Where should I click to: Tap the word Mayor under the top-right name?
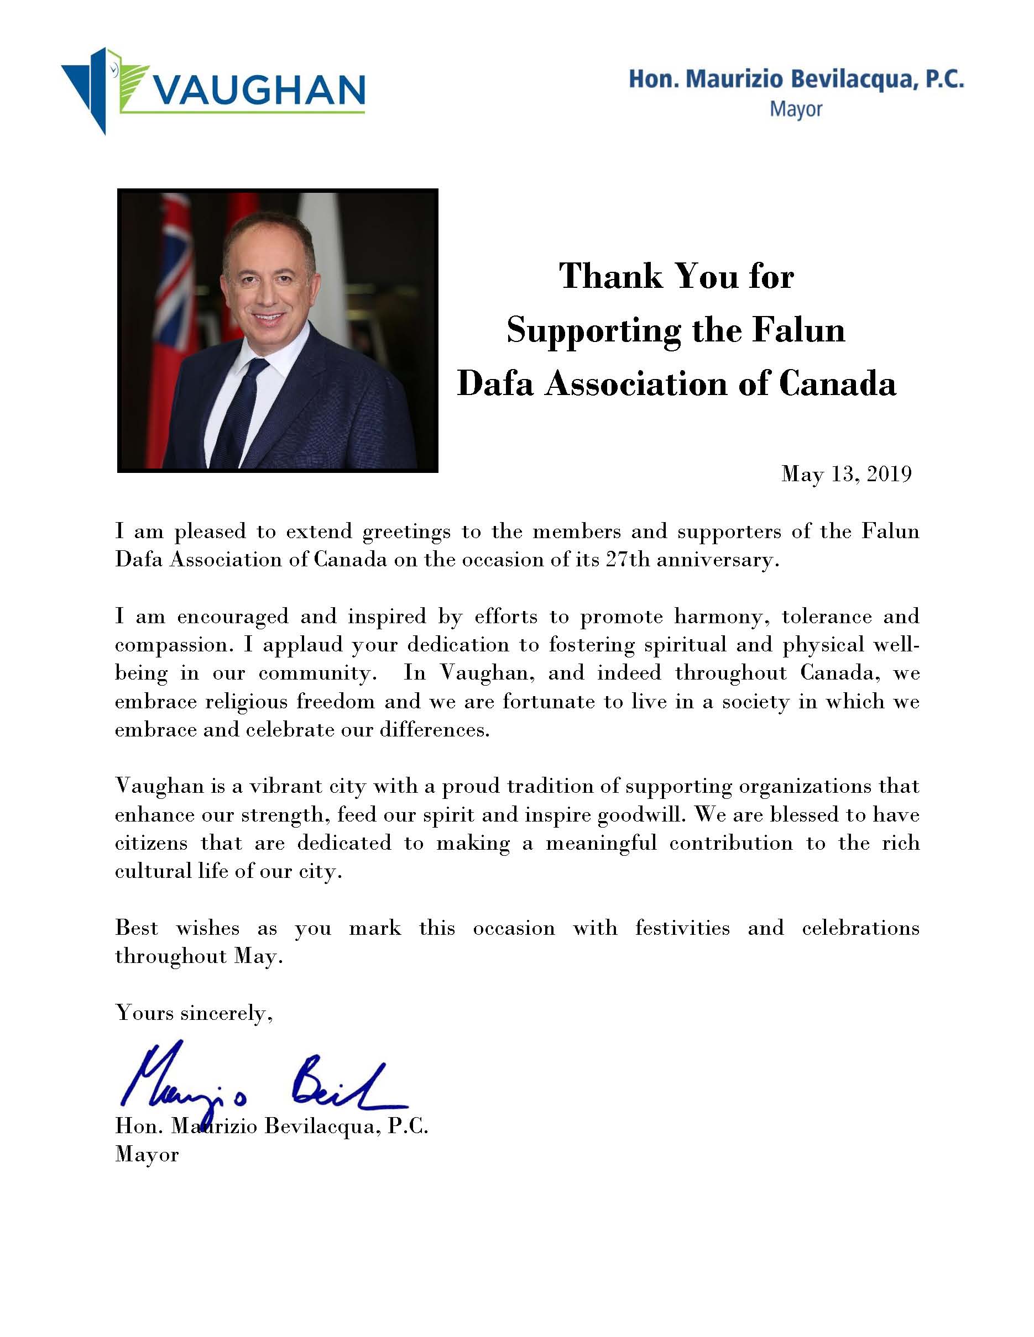click(x=796, y=110)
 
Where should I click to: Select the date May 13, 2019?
click(x=846, y=474)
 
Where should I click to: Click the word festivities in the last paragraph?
click(x=682, y=928)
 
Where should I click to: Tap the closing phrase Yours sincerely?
click(x=194, y=1013)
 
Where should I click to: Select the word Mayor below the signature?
click(x=147, y=1155)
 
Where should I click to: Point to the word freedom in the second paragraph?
click(x=335, y=702)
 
